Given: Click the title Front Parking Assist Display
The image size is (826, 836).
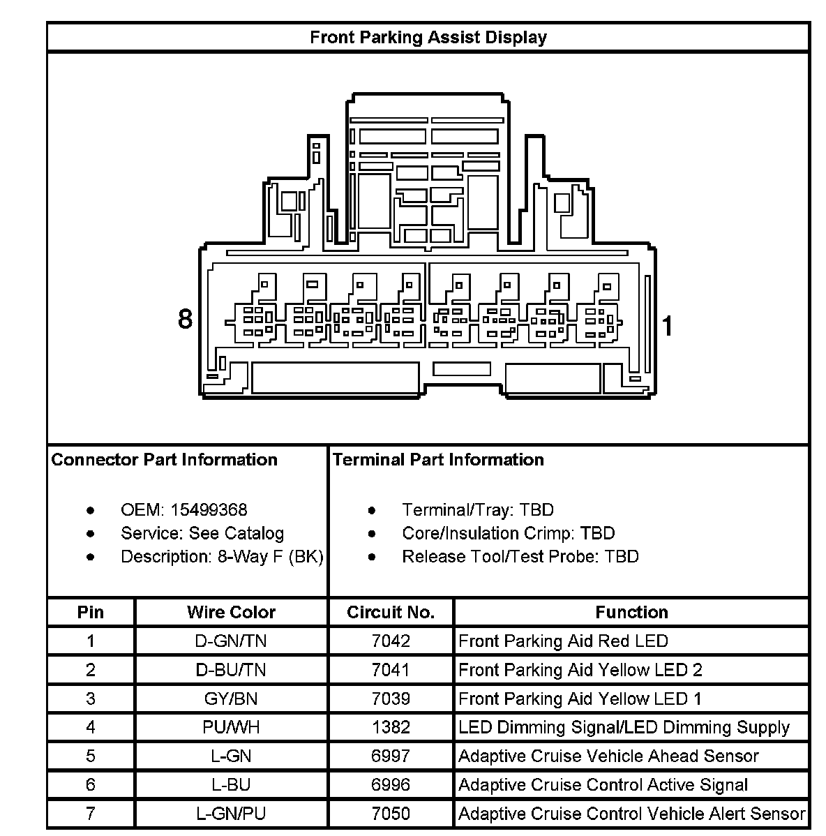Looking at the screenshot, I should click(x=428, y=37).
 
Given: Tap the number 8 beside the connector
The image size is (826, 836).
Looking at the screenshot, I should click(x=185, y=319).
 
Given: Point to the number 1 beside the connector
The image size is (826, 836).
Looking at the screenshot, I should click(x=668, y=326).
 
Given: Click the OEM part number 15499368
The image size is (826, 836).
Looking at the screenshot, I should click(x=209, y=510).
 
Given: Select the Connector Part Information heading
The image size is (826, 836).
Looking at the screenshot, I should click(x=165, y=460).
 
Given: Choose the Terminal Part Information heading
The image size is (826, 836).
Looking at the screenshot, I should click(x=438, y=460).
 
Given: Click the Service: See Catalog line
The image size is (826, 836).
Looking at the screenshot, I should click(x=202, y=534).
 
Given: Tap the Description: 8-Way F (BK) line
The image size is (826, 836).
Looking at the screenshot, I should click(x=222, y=557).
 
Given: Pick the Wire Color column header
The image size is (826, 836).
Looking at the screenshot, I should click(x=231, y=612).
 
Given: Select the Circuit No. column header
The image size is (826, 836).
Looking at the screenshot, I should click(x=391, y=612).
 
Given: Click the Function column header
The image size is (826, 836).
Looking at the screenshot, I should click(x=631, y=612).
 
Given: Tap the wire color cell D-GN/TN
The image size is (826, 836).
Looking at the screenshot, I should click(x=231, y=641).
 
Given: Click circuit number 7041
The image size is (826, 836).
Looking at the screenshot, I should click(x=391, y=670).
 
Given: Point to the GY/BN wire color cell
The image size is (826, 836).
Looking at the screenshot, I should click(x=231, y=699).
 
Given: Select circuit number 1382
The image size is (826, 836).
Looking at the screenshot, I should click(x=391, y=727).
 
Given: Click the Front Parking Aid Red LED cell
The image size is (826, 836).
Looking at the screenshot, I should click(x=563, y=641).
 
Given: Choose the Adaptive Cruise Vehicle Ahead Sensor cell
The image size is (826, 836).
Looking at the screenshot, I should click(x=608, y=756).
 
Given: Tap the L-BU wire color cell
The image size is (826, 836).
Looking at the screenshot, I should click(x=231, y=785).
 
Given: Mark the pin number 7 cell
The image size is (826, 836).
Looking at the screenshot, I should click(x=91, y=814).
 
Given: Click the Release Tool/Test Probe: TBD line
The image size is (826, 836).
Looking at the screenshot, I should click(x=520, y=557).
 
